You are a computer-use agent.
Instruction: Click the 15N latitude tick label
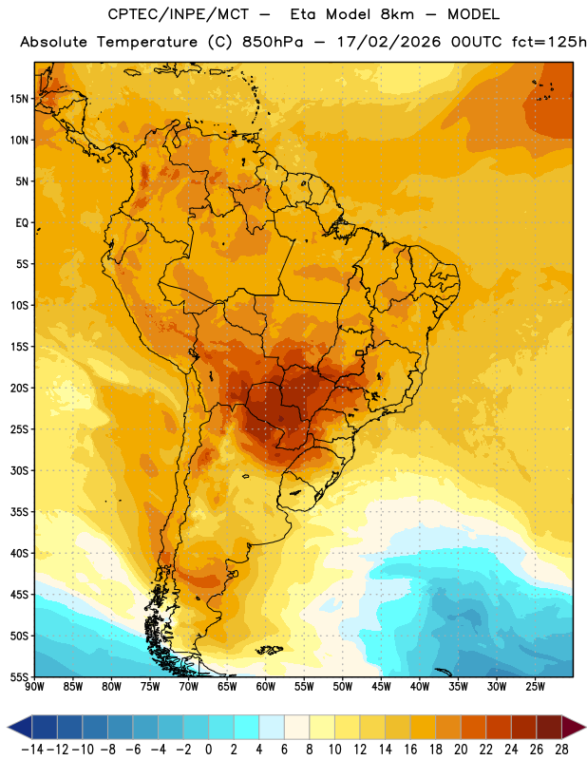(19, 99)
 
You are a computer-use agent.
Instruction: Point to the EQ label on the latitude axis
(22, 223)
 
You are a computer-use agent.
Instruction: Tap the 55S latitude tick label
(19, 676)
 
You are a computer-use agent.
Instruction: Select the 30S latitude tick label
(19, 470)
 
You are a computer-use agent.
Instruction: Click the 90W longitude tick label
(34, 687)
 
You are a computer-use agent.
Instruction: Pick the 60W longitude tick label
(266, 687)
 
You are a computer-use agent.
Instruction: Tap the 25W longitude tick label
(535, 687)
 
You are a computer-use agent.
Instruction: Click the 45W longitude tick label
(381, 687)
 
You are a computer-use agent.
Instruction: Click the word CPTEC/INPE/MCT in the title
(178, 14)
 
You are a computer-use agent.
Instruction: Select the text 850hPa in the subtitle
(273, 42)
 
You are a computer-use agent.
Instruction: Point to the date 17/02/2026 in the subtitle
(388, 42)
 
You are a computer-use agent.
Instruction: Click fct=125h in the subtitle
(549, 42)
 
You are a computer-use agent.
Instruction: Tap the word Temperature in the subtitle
(147, 42)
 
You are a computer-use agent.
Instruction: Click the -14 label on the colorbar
(32, 750)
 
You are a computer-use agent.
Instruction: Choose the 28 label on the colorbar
(561, 750)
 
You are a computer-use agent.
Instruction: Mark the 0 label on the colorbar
(208, 750)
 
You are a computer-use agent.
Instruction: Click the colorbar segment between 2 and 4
(246, 727)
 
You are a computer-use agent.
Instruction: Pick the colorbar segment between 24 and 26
(523, 727)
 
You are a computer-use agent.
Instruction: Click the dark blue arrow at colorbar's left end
(20, 727)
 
